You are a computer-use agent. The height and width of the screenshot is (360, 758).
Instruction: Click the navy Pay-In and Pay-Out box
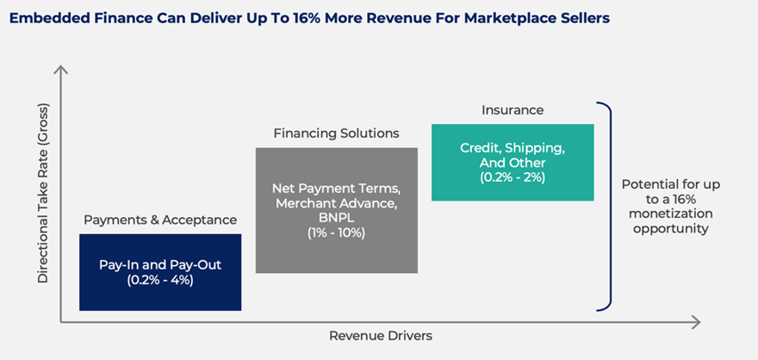pos(160,272)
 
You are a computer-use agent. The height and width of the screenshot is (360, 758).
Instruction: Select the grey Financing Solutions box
pos(337,210)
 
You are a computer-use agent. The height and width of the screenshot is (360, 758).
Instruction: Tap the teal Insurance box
pos(513,163)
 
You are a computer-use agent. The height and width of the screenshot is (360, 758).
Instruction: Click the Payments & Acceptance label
pos(160,220)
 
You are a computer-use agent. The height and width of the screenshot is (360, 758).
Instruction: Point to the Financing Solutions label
pos(337,133)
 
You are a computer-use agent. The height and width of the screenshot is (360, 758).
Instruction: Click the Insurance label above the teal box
pos(513,110)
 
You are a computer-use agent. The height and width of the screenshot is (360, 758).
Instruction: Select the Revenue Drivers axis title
pos(381,335)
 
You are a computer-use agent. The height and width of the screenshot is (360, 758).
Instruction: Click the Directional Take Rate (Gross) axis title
pos(43,193)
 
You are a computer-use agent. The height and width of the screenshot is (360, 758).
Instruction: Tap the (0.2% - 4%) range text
pos(160,280)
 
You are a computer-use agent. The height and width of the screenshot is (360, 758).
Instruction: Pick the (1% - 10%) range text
pos(337,233)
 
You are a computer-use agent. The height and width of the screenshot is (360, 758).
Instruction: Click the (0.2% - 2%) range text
pos(513,177)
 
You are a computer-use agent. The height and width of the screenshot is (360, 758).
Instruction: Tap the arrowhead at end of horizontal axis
pos(697,322)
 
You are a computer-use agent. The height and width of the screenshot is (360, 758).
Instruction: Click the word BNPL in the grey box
pos(337,217)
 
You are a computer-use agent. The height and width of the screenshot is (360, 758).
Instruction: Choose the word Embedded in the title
pos(40,19)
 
